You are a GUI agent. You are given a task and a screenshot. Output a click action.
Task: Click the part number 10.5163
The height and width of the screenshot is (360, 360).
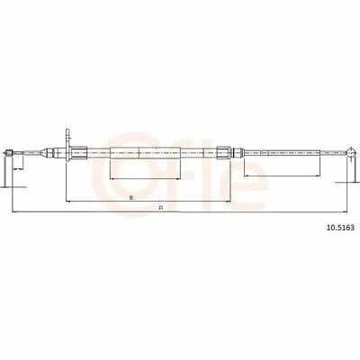[x=340, y=228]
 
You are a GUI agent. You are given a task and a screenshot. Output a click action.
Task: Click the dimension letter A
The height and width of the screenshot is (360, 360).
[x=161, y=208]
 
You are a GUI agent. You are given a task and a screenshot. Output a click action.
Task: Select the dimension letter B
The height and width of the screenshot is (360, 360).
[x=131, y=197]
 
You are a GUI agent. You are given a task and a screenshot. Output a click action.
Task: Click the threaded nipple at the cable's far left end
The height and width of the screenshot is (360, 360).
[x=8, y=153]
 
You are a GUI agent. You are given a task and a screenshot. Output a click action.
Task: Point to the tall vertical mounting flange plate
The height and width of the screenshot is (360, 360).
[x=67, y=145]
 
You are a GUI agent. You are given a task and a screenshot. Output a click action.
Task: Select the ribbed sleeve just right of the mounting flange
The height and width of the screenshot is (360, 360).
[x=80, y=152]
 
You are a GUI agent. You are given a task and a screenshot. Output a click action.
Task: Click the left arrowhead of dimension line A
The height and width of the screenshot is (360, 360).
[x=14, y=212]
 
